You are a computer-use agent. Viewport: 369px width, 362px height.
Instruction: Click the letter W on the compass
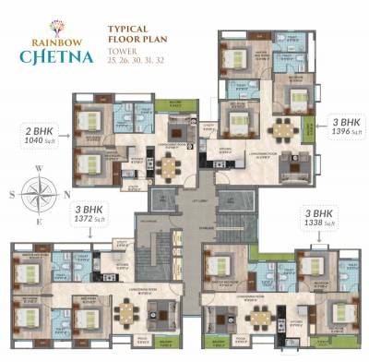tap(38, 169)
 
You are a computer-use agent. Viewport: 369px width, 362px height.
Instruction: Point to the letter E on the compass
tap(39, 220)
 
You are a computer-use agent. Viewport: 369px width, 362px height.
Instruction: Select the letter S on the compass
tap(12, 194)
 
